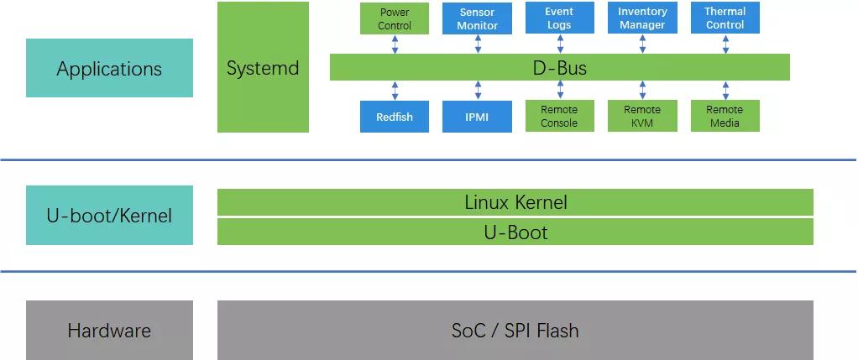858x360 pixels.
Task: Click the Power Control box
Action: tap(394, 18)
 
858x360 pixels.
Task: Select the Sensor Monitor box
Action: tap(477, 18)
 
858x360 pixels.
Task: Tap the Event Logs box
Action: tap(559, 18)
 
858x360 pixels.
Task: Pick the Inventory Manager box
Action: tap(642, 18)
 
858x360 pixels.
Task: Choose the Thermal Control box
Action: tap(725, 18)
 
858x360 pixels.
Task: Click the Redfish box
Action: tap(394, 117)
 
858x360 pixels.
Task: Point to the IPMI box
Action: tap(477, 117)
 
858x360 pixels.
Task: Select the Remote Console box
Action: tap(559, 117)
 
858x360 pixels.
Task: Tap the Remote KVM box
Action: tap(642, 117)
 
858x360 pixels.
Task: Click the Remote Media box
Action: tap(725, 117)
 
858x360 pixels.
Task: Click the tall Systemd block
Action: tap(263, 67)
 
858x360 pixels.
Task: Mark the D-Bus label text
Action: tap(559, 68)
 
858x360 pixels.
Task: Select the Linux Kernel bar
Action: tap(515, 202)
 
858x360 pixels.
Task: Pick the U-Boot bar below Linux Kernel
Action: tap(515, 232)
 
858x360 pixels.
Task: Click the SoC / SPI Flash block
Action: tap(515, 330)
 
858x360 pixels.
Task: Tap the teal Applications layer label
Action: tap(109, 68)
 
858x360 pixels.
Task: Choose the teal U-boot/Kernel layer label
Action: tap(109, 215)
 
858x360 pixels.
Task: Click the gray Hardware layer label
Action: tap(109, 330)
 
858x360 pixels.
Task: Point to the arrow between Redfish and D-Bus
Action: tap(395, 91)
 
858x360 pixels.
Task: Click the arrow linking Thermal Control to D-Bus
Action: tap(725, 44)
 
